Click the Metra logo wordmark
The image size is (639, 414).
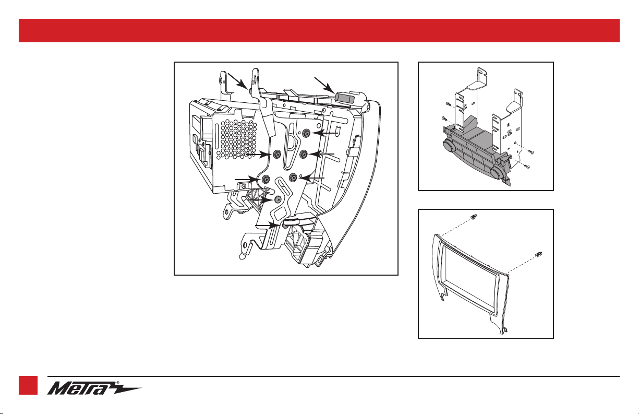[x=83, y=388]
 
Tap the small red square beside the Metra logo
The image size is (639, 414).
[x=28, y=385]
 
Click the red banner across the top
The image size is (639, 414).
[x=319, y=31]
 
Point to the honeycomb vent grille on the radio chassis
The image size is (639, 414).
[x=236, y=139]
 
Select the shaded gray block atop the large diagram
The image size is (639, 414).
[x=345, y=97]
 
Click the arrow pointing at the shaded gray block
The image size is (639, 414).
[x=324, y=85]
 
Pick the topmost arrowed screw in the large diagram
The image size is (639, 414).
[x=307, y=132]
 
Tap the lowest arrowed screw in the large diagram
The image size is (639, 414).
[x=284, y=226]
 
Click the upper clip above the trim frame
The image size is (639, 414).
[x=474, y=217]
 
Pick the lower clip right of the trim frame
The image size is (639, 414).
[x=539, y=255]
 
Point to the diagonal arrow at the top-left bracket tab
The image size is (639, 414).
[x=237, y=81]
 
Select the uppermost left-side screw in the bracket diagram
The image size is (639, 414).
[x=448, y=104]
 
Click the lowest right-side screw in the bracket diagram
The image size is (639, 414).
[x=527, y=167]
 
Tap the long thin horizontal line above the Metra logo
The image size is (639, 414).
[x=333, y=376]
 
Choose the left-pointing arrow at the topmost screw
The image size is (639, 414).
[x=325, y=133]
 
